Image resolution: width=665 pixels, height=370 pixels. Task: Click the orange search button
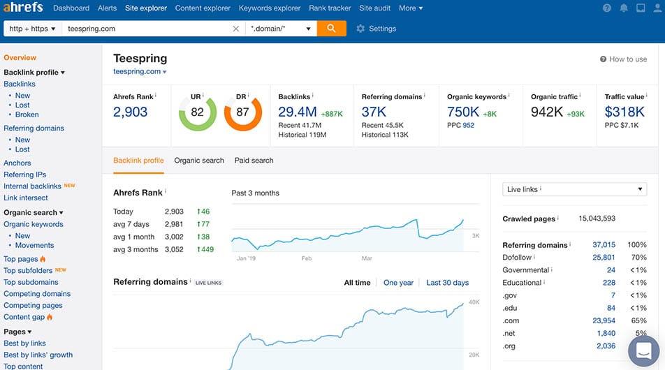(331, 29)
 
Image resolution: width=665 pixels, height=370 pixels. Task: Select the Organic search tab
(199, 161)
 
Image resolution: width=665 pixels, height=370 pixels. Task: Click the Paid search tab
(254, 161)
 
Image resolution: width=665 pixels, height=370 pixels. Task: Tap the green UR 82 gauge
(197, 112)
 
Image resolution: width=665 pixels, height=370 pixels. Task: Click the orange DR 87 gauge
(242, 112)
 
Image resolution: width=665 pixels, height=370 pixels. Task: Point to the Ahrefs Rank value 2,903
(131, 112)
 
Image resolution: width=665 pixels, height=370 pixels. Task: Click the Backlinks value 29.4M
(298, 112)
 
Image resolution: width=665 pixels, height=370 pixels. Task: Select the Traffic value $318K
(625, 112)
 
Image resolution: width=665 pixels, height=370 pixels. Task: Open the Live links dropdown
(574, 189)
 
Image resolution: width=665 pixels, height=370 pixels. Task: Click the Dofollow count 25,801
(604, 258)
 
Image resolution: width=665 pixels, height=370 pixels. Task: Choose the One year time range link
(398, 283)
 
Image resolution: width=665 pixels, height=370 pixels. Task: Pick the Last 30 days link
(447, 283)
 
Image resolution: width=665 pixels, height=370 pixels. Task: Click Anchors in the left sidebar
(17, 163)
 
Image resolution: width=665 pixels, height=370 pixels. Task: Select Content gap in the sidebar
(24, 317)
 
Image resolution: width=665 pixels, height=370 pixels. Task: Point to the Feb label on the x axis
(307, 258)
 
